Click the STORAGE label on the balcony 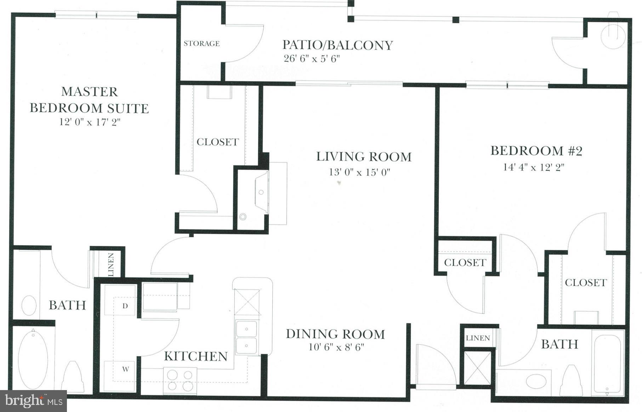(x=201, y=43)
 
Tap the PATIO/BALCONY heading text (x=337, y=45)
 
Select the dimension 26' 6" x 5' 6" (x=312, y=59)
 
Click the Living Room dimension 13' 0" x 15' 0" (x=359, y=172)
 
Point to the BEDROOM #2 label (x=536, y=151)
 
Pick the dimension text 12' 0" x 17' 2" (x=90, y=122)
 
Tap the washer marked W (x=125, y=370)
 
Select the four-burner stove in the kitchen (x=180, y=380)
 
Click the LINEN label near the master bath (x=111, y=265)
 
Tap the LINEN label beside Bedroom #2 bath (x=478, y=338)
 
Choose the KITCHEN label (x=195, y=356)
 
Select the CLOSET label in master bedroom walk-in (x=217, y=142)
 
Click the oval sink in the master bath (x=29, y=305)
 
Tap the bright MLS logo (x=34, y=401)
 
